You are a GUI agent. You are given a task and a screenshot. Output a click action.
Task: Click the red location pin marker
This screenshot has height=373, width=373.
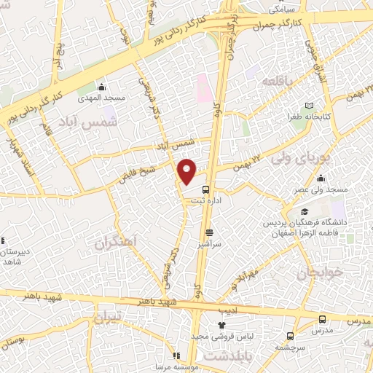coord(187,171)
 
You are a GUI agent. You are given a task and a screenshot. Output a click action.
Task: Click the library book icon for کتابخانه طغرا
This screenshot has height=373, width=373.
coord(310,106)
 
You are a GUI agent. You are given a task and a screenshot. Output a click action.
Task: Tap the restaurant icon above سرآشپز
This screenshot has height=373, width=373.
coord(209,233)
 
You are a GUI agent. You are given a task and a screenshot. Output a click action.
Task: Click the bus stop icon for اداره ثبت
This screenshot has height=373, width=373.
coord(205,189)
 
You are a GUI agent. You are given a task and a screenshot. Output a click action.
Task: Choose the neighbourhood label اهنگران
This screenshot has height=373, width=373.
coord(116,243)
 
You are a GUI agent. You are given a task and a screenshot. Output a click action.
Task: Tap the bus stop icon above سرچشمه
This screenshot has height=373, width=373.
coord(291,336)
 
